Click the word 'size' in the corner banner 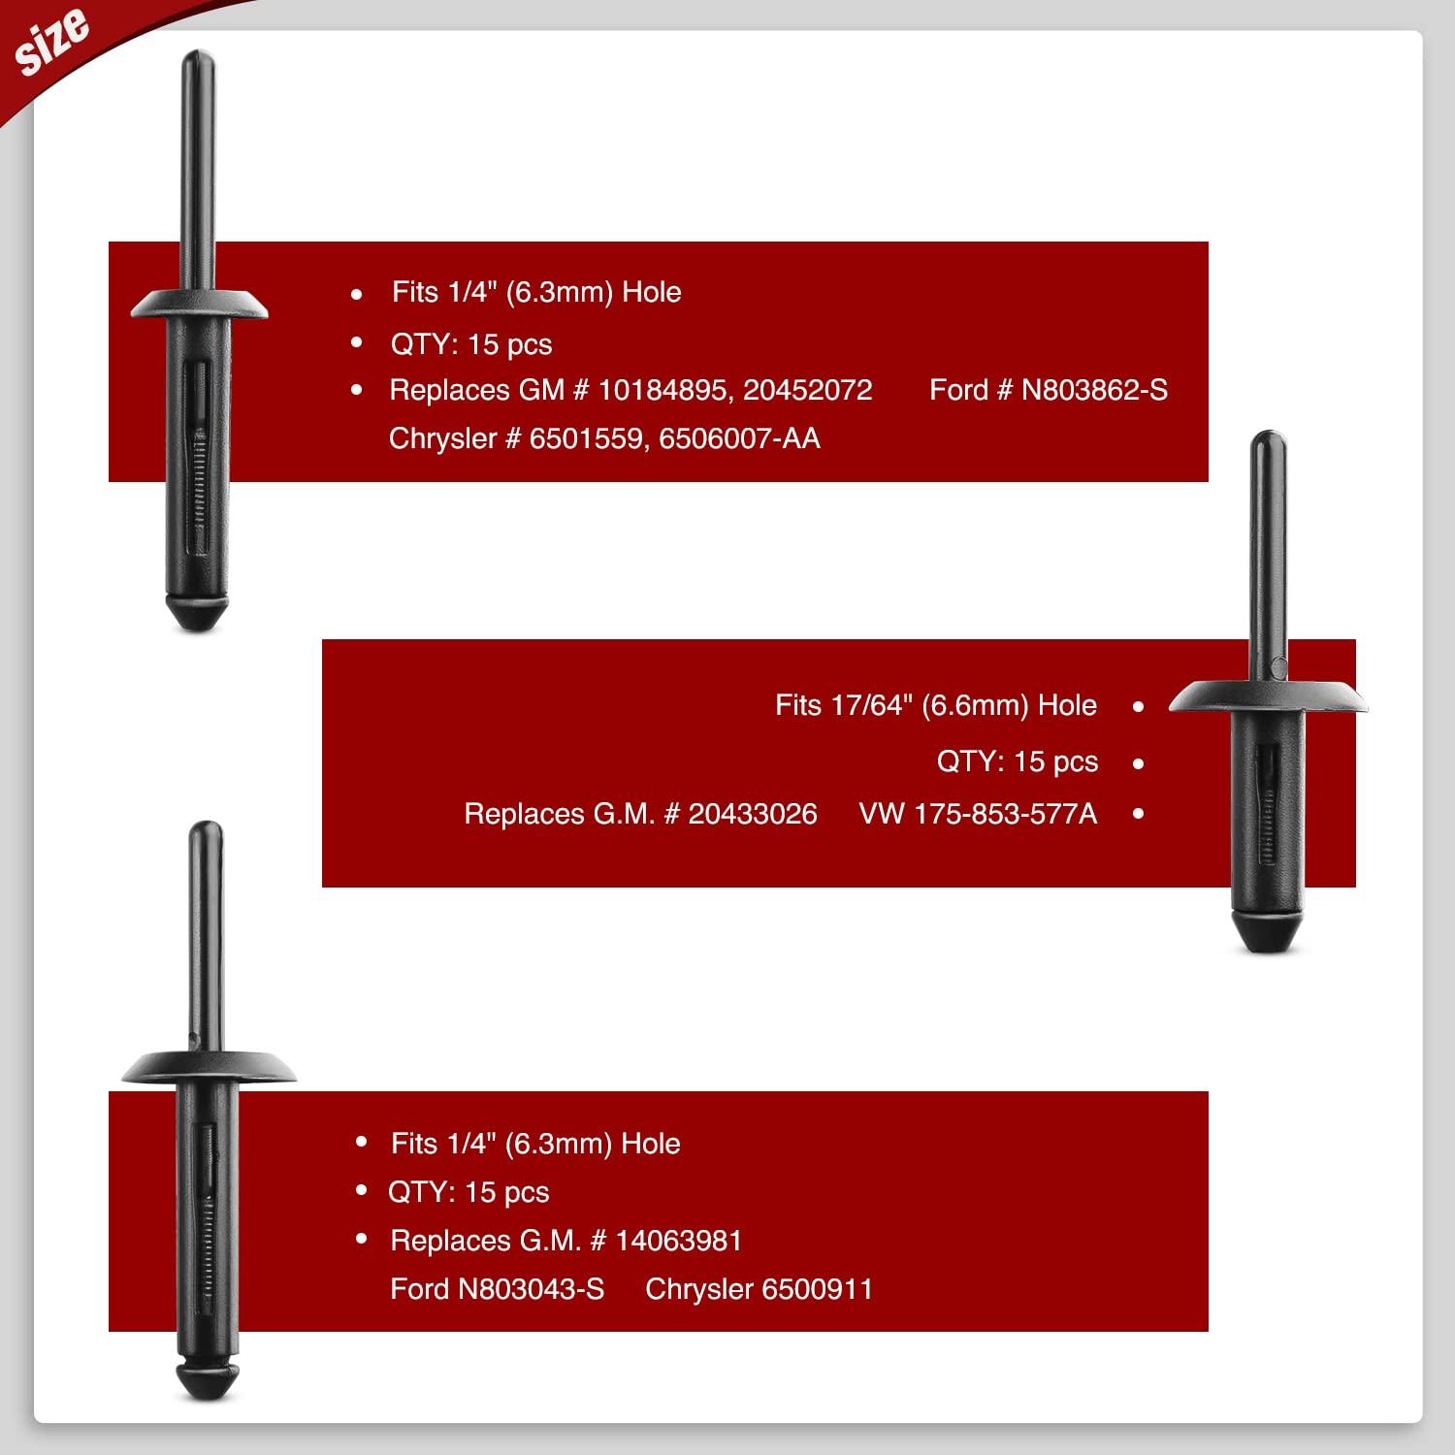coord(54,43)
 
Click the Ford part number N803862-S coord(1094,391)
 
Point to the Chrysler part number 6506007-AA coord(739,439)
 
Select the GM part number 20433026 coord(753,814)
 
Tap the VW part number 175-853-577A coord(1005,814)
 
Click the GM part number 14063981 coord(679,1241)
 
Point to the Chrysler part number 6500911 coord(817,1289)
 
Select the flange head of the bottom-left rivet coord(208,1066)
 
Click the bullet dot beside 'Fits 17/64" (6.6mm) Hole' coord(1138,707)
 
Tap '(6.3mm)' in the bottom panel coord(558,1144)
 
